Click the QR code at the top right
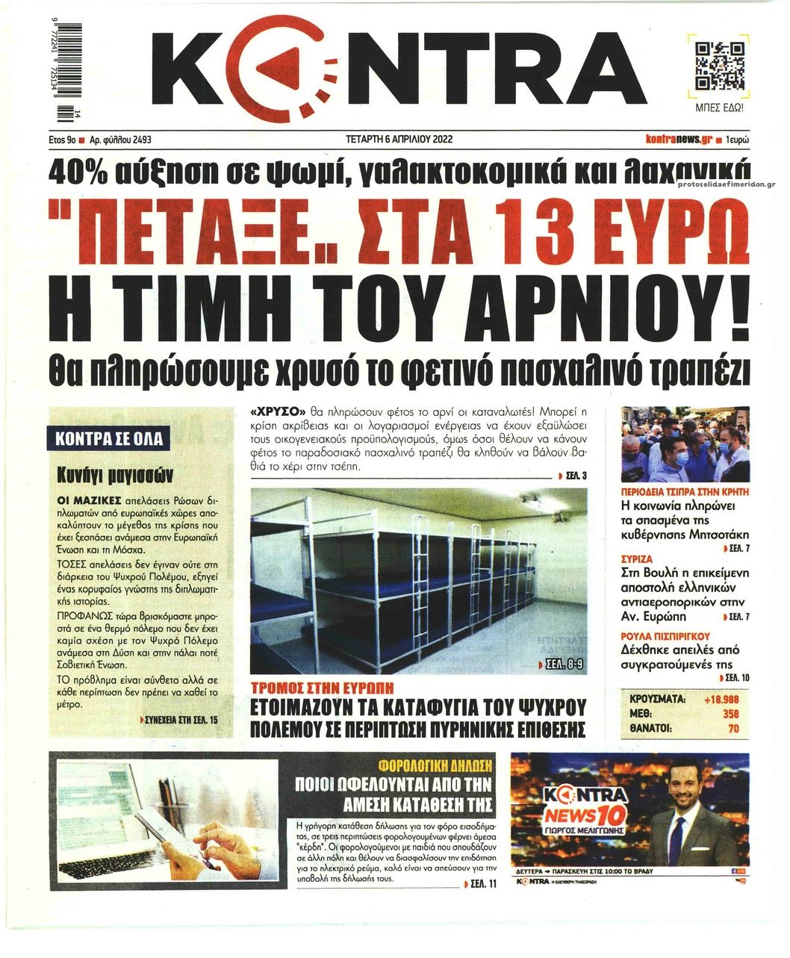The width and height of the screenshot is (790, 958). click(x=719, y=67)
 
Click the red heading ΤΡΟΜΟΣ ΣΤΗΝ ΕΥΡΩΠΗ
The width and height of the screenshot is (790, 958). click(x=321, y=688)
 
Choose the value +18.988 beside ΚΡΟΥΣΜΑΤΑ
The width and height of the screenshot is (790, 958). click(x=721, y=700)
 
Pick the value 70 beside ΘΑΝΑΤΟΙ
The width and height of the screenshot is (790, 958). click(x=733, y=728)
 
